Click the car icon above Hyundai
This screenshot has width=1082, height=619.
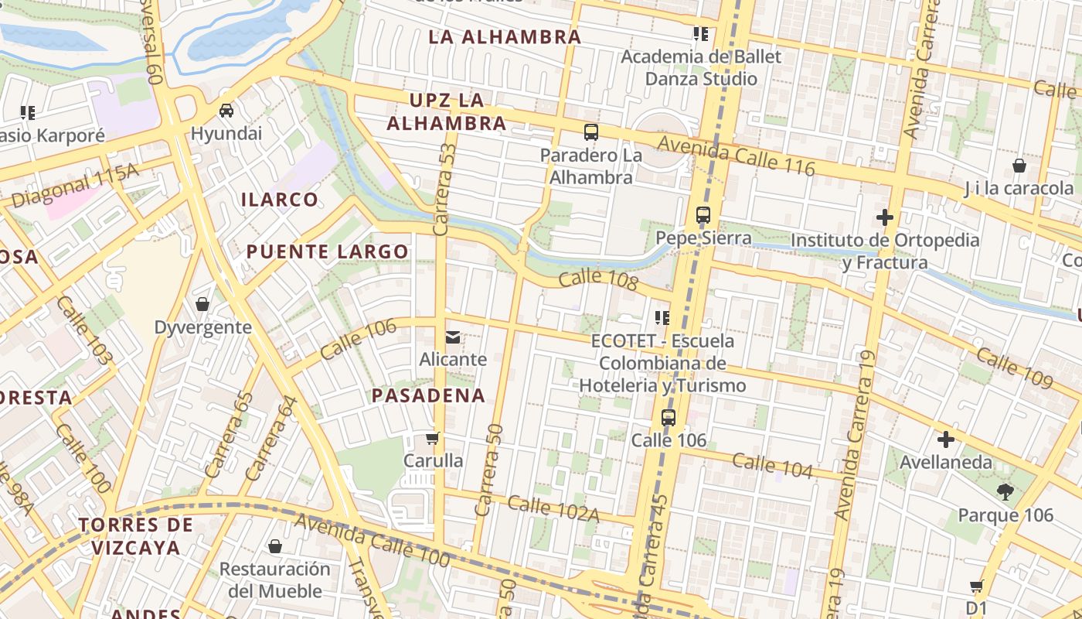pyautogui.click(x=226, y=111)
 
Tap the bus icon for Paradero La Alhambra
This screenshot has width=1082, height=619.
pyautogui.click(x=591, y=132)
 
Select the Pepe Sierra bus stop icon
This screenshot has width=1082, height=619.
pyautogui.click(x=703, y=215)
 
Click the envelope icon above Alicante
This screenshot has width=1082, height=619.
pyautogui.click(x=453, y=337)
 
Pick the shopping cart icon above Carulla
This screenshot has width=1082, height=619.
pyautogui.click(x=433, y=439)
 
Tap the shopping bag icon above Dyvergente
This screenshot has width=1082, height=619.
pyautogui.click(x=202, y=304)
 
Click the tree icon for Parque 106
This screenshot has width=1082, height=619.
pyautogui.click(x=1005, y=491)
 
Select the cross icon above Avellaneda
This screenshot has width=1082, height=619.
pyautogui.click(x=945, y=440)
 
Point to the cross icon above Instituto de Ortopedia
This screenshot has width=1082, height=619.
pyautogui.click(x=885, y=217)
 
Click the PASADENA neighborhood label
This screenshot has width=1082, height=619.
pyautogui.click(x=428, y=395)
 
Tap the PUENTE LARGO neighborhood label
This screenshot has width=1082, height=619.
pyautogui.click(x=327, y=251)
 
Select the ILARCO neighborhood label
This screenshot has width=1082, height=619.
pyautogui.click(x=279, y=200)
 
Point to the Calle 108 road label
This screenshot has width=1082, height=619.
pyautogui.click(x=597, y=280)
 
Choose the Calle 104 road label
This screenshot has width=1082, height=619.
pyautogui.click(x=772, y=467)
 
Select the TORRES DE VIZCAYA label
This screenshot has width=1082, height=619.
pyautogui.click(x=135, y=536)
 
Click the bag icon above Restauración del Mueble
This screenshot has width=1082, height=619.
pyautogui.click(x=274, y=547)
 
